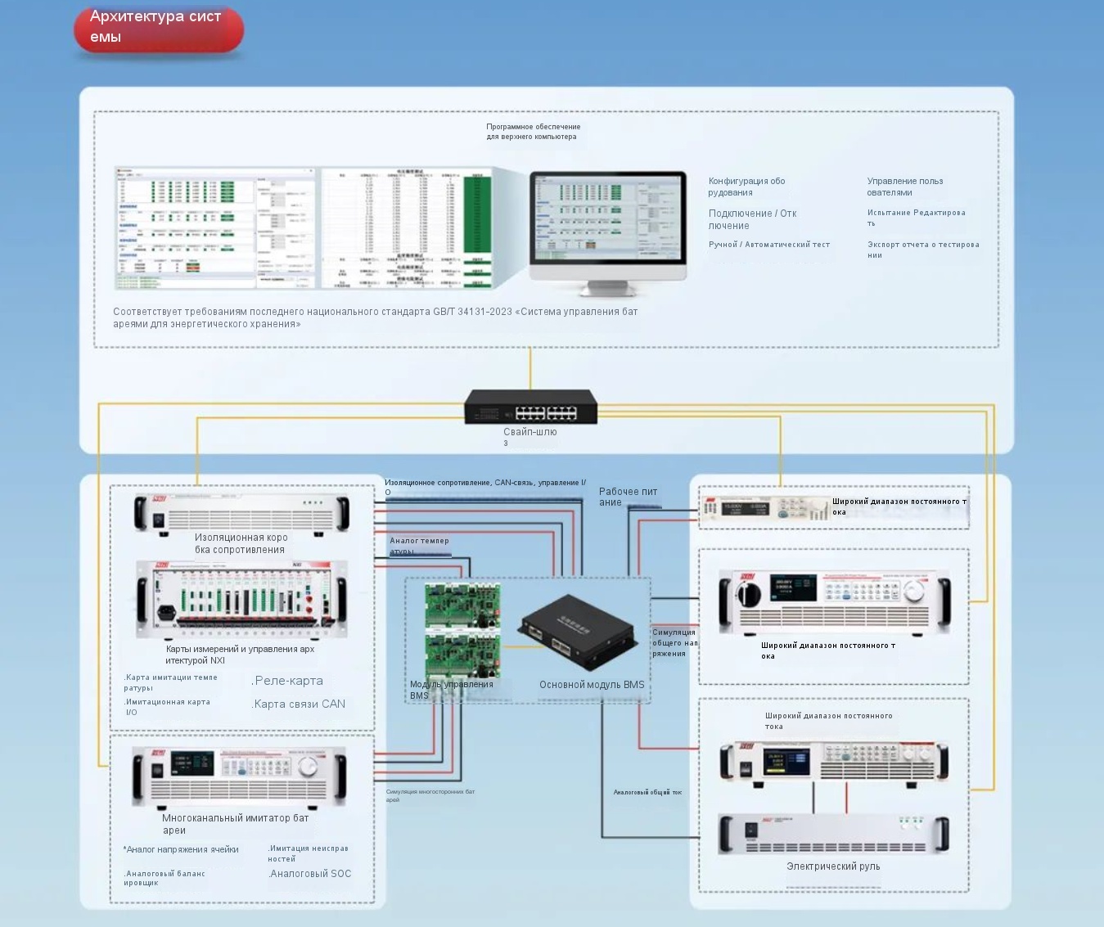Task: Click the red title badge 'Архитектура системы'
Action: [159, 28]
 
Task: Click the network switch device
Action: [530, 407]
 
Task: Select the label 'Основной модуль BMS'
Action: [592, 685]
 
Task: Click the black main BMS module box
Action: [578, 631]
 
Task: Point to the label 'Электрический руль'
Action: [833, 866]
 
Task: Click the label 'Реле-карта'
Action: [287, 681]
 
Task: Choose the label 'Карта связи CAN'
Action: [299, 704]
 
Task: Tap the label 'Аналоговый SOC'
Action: [310, 874]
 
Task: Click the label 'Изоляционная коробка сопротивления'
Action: [241, 543]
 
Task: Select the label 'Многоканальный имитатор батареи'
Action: [236, 824]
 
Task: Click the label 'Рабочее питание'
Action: [628, 497]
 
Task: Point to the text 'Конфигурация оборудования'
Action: [746, 187]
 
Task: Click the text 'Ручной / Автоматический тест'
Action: [769, 245]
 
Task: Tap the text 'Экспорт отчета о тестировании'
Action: [923, 250]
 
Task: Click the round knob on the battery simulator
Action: [308, 767]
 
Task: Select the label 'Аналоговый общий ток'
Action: [647, 792]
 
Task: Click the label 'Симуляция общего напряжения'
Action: [674, 642]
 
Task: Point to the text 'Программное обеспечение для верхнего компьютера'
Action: [534, 132]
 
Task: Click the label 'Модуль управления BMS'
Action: [452, 690]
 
